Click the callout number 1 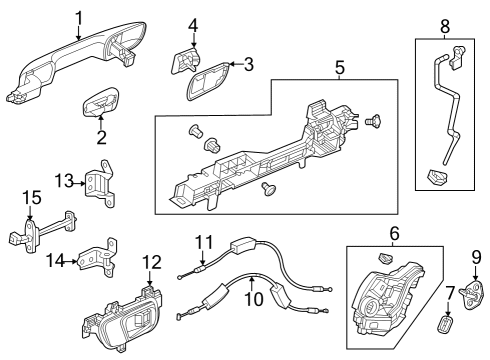pyautogui.click(x=79, y=18)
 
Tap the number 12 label pyautogui.click(x=152, y=262)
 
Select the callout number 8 pyautogui.click(x=445, y=27)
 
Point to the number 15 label pyautogui.click(x=32, y=197)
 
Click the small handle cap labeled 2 pyautogui.click(x=101, y=103)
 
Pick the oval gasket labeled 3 pyautogui.click(x=208, y=80)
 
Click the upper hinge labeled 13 pyautogui.click(x=100, y=183)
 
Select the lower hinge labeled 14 pyautogui.click(x=98, y=257)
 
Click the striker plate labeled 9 pyautogui.click(x=473, y=294)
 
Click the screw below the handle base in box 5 pyautogui.click(x=269, y=189)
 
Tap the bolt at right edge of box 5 pyautogui.click(x=373, y=120)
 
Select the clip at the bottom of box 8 pyautogui.click(x=438, y=177)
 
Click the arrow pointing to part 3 pyautogui.click(x=236, y=64)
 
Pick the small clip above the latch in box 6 pyautogui.click(x=385, y=258)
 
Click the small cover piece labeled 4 pyautogui.click(x=185, y=62)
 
